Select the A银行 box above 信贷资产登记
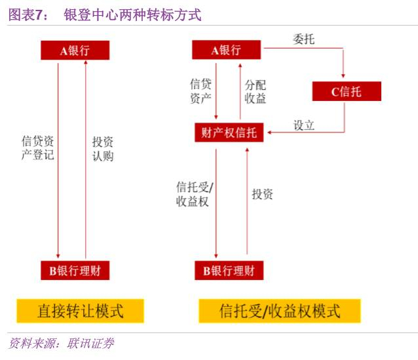click(x=75, y=50)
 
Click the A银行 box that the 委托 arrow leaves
click(x=226, y=50)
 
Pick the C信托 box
click(x=346, y=91)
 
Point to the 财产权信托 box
click(x=229, y=132)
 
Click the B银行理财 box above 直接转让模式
click(x=75, y=270)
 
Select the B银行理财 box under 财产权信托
click(x=228, y=270)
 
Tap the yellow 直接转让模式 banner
click(x=80, y=310)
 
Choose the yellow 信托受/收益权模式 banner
click(x=280, y=310)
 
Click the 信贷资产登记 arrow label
click(x=37, y=148)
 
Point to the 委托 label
click(x=303, y=39)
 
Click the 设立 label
click(x=303, y=125)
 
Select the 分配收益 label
click(x=255, y=92)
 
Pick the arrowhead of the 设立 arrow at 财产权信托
click(x=269, y=132)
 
